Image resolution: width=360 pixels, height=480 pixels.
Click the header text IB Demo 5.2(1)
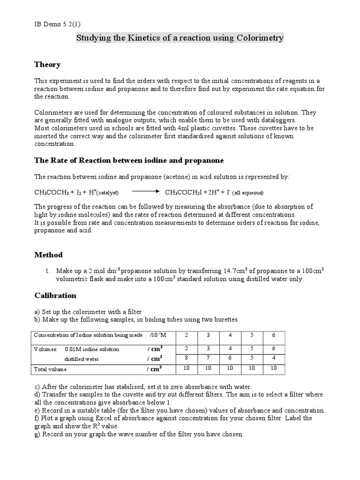pyautogui.click(x=56, y=24)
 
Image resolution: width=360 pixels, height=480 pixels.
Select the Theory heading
pyautogui.click(x=47, y=64)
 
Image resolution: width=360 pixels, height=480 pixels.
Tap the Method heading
pyautogui.click(x=48, y=255)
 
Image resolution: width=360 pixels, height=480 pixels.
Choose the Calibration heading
pyautogui.click(x=55, y=295)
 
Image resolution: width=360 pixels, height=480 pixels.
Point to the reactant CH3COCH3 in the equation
pyautogui.click(x=51, y=192)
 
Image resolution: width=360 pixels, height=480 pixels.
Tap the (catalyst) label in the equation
pyautogui.click(x=107, y=193)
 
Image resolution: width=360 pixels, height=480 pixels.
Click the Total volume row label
pyautogui.click(x=51, y=369)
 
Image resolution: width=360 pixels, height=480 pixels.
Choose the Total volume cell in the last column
pyautogui.click(x=273, y=369)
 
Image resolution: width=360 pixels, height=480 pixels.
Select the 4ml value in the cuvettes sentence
pyautogui.click(x=183, y=127)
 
